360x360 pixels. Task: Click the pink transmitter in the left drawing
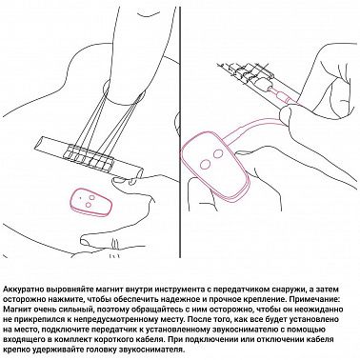(x=90, y=201)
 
